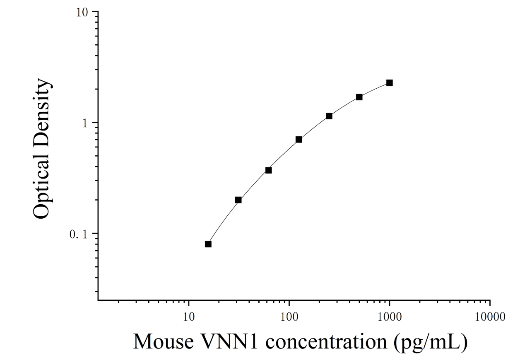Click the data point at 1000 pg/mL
click(x=390, y=83)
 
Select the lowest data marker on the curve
click(x=208, y=244)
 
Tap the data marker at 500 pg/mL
click(x=359, y=97)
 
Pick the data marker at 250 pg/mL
click(x=329, y=116)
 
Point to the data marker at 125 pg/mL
click(x=299, y=140)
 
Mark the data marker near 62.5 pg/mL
click(x=269, y=170)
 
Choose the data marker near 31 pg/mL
click(x=238, y=200)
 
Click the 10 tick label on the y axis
click(x=82, y=12)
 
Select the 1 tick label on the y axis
click(x=85, y=123)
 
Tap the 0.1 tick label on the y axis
click(x=79, y=234)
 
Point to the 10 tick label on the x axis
click(x=189, y=317)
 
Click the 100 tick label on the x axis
click(x=289, y=317)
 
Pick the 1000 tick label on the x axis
click(x=390, y=317)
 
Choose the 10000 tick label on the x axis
click(x=490, y=317)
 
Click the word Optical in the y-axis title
click(x=42, y=182)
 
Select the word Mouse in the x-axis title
click(x=164, y=342)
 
